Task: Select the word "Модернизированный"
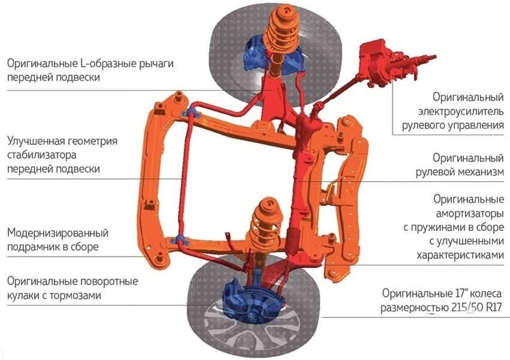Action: tap(58, 233)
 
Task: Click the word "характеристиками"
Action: tap(459, 255)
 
